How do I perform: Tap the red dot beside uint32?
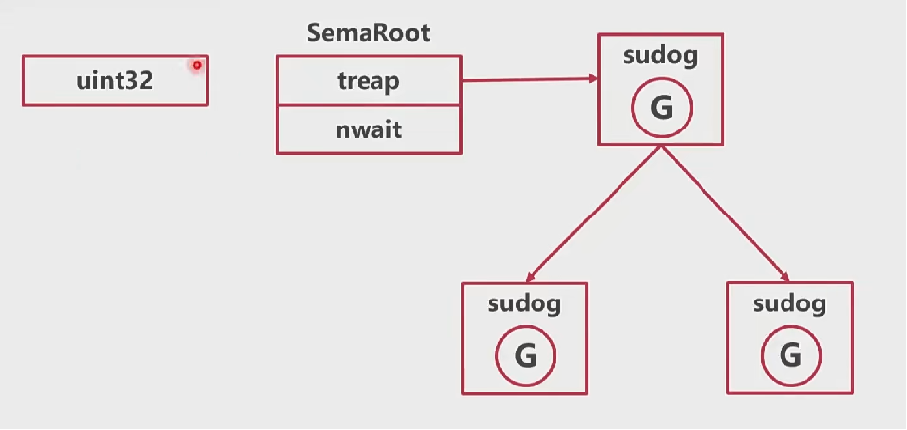[x=197, y=65]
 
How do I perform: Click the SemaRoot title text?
[x=369, y=33]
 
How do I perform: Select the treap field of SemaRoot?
[x=369, y=81]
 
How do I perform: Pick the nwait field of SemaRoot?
[x=369, y=129]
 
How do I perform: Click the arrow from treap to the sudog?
[x=529, y=80]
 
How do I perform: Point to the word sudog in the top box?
[x=660, y=56]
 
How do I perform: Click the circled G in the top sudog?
[x=661, y=108]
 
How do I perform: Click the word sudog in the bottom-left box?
[x=525, y=304]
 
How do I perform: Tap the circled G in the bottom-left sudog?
[x=525, y=356]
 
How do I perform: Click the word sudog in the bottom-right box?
[x=789, y=304]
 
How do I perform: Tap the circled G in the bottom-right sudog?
[x=790, y=356]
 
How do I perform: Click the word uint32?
[x=115, y=81]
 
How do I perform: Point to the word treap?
[x=369, y=81]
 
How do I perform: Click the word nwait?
[x=369, y=129]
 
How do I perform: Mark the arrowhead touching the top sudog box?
[x=590, y=79]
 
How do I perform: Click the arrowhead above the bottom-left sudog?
[x=530, y=278]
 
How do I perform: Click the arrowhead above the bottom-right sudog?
[x=787, y=278]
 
